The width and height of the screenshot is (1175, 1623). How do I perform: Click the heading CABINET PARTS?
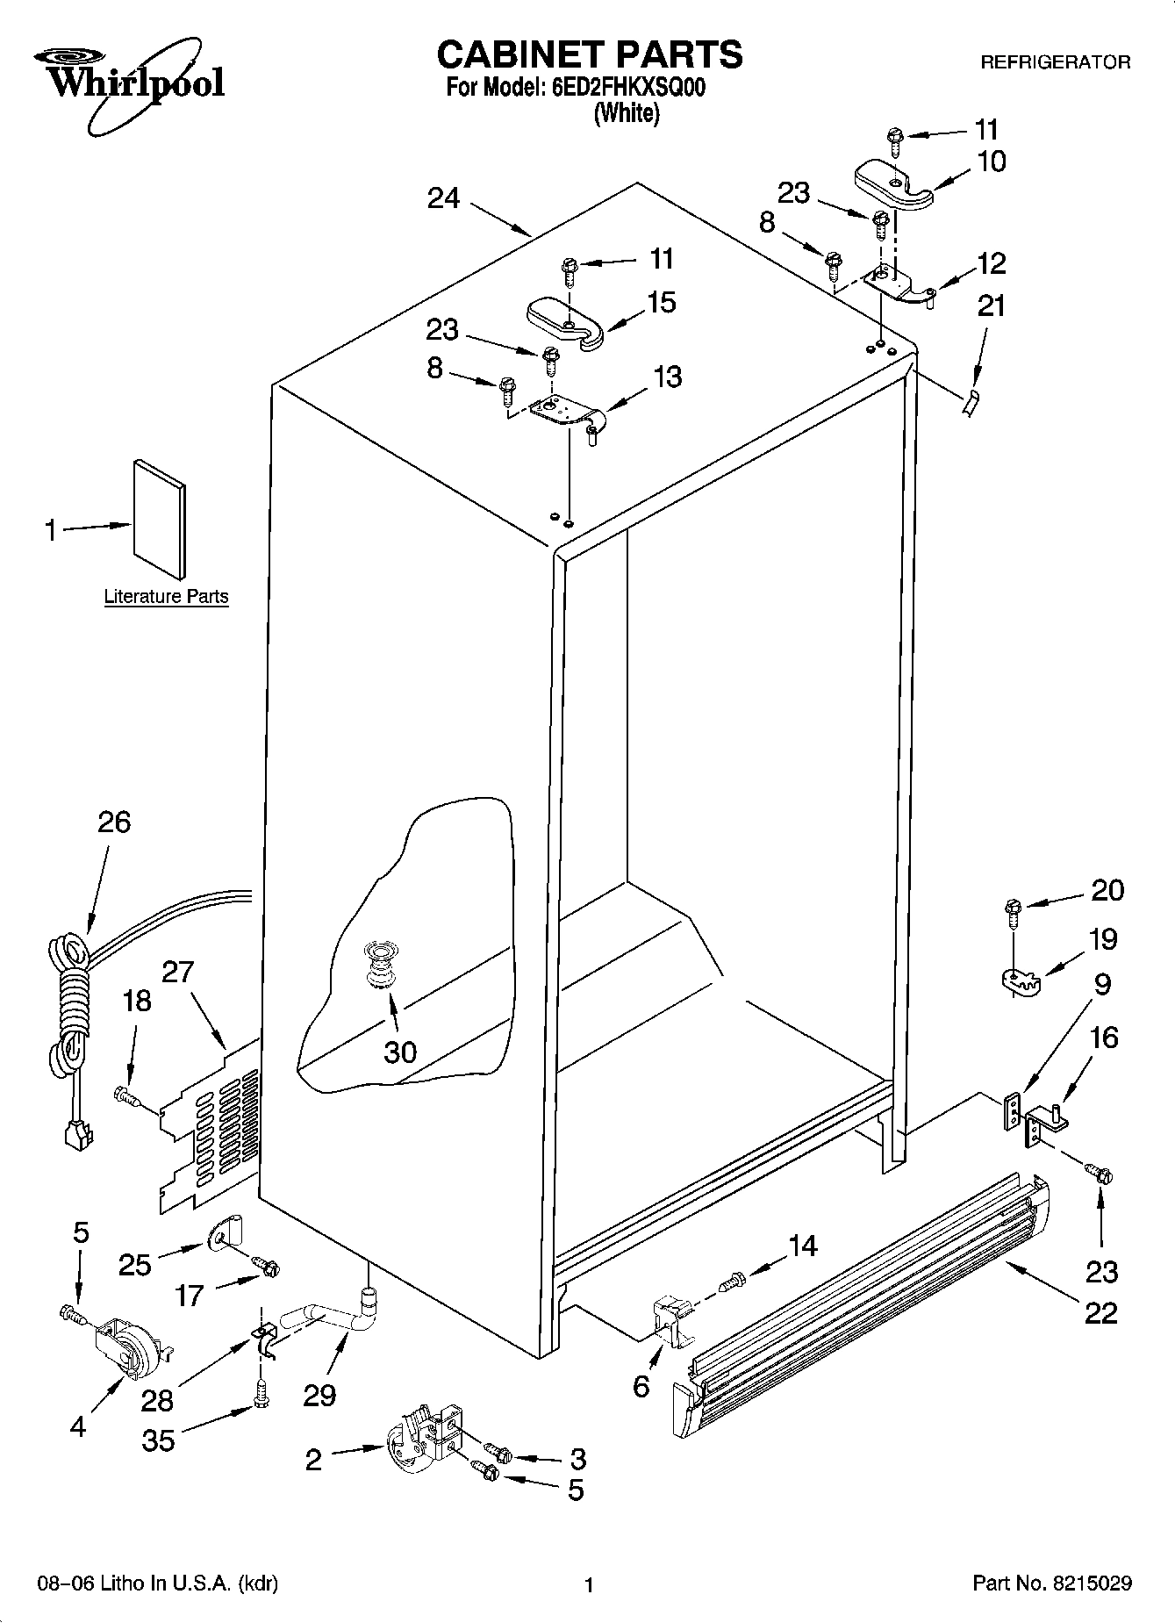click(589, 54)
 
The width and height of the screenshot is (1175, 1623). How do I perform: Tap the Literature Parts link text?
click(166, 597)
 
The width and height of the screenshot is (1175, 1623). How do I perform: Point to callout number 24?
click(443, 198)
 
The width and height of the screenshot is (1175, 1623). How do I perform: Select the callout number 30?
click(400, 1052)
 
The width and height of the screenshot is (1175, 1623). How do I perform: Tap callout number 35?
click(158, 1440)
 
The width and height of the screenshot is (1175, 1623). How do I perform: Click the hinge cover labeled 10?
click(891, 184)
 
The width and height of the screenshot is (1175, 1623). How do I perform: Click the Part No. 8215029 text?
click(1051, 1584)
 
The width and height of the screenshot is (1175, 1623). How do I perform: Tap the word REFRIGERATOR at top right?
click(1055, 62)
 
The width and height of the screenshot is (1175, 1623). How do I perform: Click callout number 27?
click(178, 973)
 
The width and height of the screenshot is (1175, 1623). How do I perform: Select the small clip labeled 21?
click(970, 404)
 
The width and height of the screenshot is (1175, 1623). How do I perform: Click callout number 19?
click(1102, 939)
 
